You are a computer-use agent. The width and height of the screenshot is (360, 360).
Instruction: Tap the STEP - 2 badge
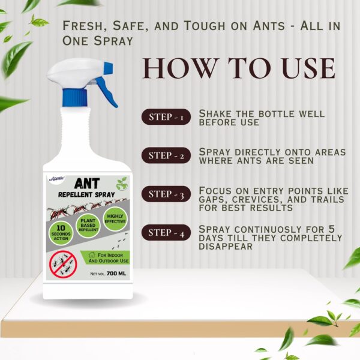pyautogui.click(x=166, y=156)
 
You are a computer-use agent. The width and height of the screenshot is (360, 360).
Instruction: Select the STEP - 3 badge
pyautogui.click(x=166, y=194)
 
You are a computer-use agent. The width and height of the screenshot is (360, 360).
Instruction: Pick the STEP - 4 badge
pyautogui.click(x=166, y=233)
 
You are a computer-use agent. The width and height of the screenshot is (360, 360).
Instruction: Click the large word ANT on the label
pyautogui.click(x=82, y=183)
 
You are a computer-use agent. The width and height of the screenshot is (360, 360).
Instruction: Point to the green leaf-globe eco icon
pyautogui.click(x=122, y=182)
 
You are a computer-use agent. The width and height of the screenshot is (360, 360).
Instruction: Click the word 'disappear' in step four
pyautogui.click(x=226, y=246)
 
